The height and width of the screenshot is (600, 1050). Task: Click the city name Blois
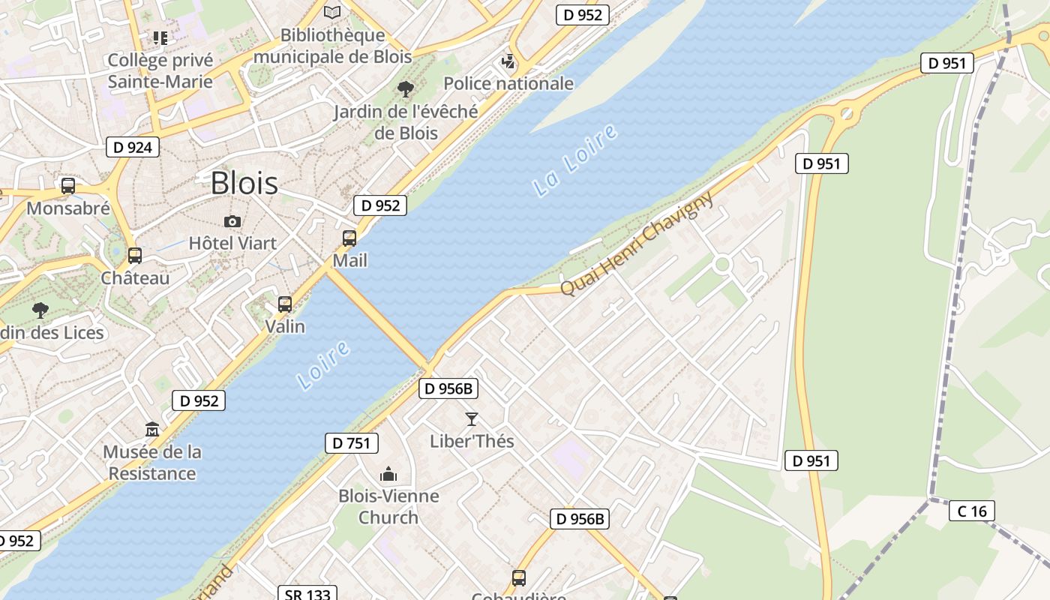pos(244,183)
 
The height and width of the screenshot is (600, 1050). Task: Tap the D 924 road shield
pos(133,147)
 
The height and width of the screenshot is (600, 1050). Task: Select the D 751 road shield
pos(351,443)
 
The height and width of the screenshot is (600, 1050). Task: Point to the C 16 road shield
pos(972,511)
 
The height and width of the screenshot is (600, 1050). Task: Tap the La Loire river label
pos(576,160)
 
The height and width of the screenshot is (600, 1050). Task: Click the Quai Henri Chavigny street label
pos(637,243)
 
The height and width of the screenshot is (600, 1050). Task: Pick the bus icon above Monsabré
pos(68,185)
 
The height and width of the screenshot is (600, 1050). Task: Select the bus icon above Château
pos(135,256)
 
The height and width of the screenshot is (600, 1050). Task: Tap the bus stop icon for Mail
pos(349,238)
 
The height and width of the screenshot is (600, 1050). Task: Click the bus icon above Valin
pos(285,304)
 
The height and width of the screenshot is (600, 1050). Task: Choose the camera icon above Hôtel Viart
pos(232,221)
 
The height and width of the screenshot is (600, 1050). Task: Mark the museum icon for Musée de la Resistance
pos(152,430)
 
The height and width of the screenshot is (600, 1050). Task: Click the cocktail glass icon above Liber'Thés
pos(472,418)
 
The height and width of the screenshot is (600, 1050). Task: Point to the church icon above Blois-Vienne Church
pos(388,474)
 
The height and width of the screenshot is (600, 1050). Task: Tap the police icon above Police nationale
pos(508,61)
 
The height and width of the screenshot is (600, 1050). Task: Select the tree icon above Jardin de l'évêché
pos(406,89)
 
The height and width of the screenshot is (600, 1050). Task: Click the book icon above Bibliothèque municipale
pos(332,12)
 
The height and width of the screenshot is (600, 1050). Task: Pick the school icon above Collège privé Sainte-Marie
pos(160,37)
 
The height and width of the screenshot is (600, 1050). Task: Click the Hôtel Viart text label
pos(232,243)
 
